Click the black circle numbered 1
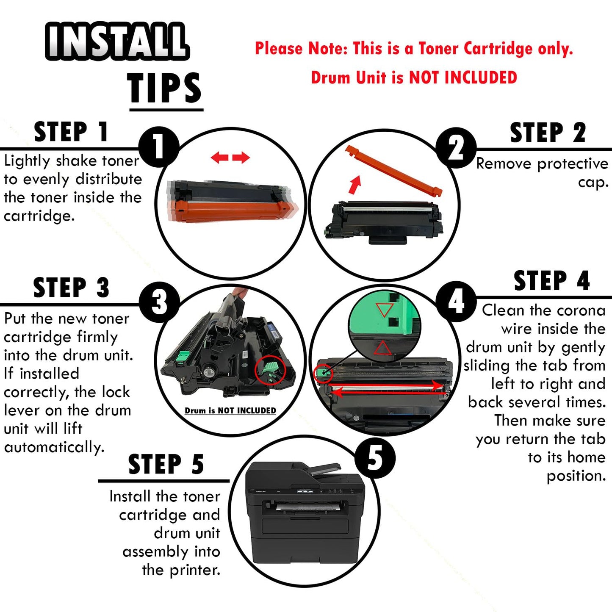[159, 147]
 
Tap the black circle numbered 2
[456, 148]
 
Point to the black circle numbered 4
[456, 302]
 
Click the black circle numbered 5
[375, 458]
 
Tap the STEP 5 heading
[166, 464]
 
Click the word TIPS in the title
[164, 87]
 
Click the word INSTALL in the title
[117, 41]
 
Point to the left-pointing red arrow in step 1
[220, 157]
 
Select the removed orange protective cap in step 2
[393, 171]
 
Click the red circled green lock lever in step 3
[270, 371]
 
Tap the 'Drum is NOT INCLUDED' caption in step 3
[230, 411]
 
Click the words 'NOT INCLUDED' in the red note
[463, 78]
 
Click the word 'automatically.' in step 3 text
[54, 447]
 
